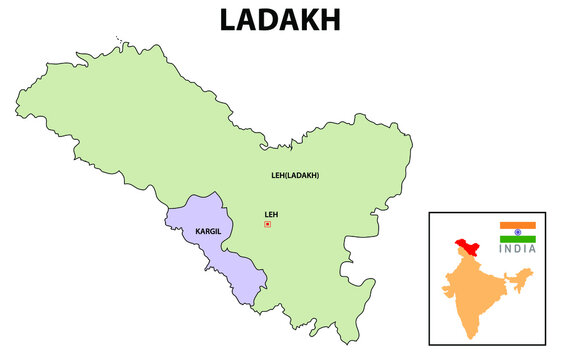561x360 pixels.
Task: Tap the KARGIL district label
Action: pyautogui.click(x=208, y=232)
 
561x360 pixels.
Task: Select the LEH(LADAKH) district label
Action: pyautogui.click(x=295, y=176)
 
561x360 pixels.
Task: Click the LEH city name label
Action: pyautogui.click(x=270, y=213)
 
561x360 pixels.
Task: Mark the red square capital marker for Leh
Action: pyautogui.click(x=267, y=224)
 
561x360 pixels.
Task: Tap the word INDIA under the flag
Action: pyautogui.click(x=518, y=249)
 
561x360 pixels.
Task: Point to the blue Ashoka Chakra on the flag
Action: pyautogui.click(x=518, y=232)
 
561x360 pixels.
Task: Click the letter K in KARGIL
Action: pyautogui.click(x=198, y=232)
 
